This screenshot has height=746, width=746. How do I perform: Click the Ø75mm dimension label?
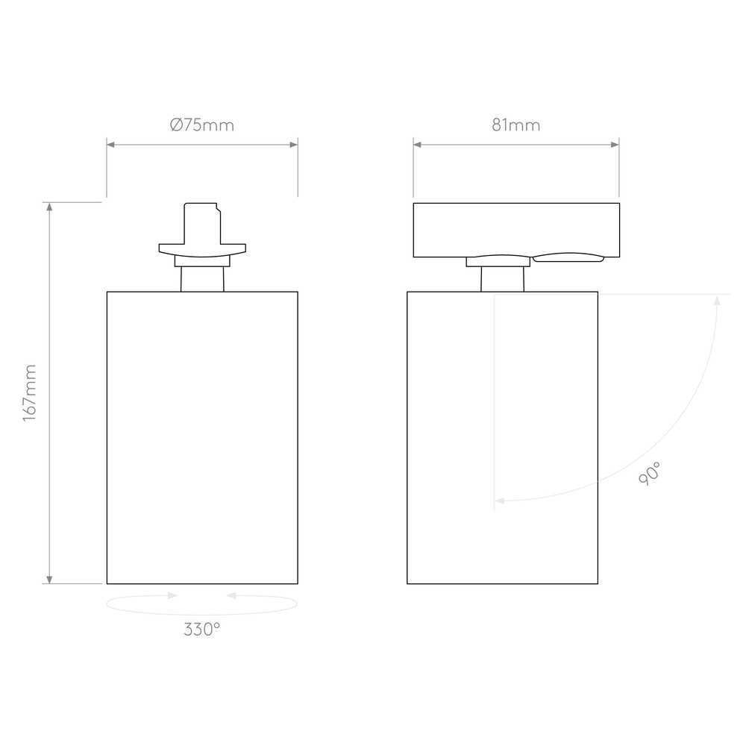coord(202,125)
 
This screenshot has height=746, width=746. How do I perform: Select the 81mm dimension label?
coord(516,125)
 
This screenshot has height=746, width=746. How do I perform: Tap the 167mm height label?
coord(30,393)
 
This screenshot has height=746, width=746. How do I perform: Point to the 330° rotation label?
coord(202,630)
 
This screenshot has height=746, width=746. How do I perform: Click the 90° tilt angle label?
coord(650,474)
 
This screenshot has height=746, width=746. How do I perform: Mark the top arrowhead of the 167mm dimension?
coord(49,207)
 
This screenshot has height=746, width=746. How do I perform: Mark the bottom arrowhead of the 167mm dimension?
coord(49,579)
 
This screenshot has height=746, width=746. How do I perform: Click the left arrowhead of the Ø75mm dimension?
coord(111,144)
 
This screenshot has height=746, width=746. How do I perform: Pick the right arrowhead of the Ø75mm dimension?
coord(293,144)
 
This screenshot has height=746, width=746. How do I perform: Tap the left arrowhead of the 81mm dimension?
coord(418,144)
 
